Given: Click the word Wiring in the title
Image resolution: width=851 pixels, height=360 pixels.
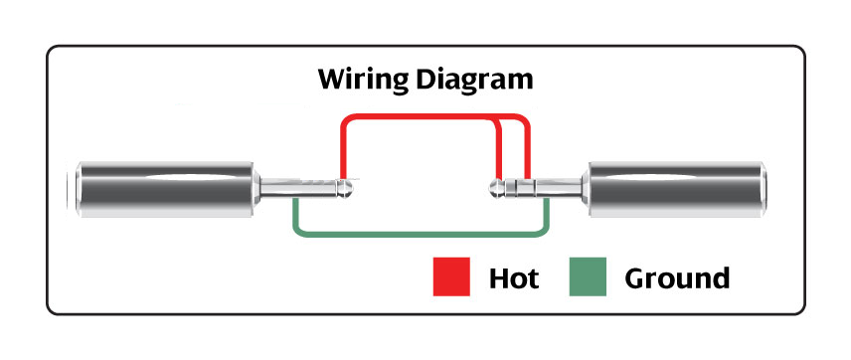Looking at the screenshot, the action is coord(362,80).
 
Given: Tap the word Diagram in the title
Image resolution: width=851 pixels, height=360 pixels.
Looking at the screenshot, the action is coord(474,80).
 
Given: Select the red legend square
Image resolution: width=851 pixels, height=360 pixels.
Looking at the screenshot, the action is coord(451,276).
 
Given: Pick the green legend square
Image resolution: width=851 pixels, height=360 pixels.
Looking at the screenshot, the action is coord(588,276).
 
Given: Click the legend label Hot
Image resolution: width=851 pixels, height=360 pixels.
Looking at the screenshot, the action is coord(513,278).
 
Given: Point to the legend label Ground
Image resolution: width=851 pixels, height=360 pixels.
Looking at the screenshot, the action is coord(677,278).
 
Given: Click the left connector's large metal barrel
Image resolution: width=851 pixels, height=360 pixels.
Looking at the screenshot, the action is coord(165,189).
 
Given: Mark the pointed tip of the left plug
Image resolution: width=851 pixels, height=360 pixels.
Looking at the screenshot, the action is coord(353,188).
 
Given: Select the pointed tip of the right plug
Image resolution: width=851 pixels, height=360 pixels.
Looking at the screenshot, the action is coord(491,188).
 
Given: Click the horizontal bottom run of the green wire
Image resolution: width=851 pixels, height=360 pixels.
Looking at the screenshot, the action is coord(419,235).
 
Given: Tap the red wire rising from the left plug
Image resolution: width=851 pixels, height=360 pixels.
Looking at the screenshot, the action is coord(343,149).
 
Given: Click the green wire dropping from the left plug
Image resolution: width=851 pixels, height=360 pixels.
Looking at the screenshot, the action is coord(296,215).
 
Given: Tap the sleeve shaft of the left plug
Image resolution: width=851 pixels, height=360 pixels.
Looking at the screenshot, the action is coord(297,188).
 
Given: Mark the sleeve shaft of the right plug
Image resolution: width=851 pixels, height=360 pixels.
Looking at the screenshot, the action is coord(559,188).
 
